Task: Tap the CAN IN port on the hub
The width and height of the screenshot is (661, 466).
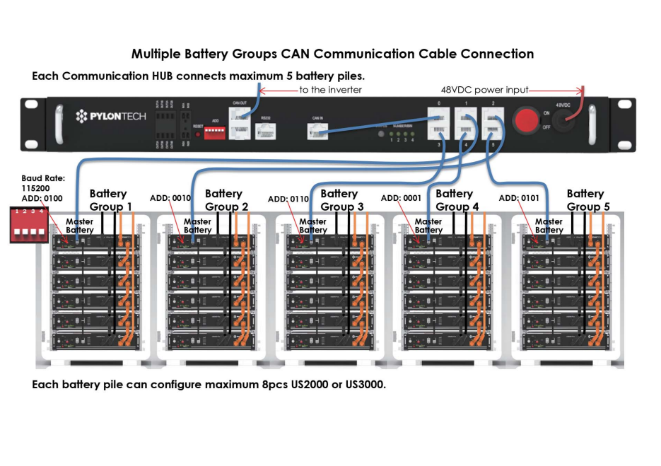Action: (x=315, y=131)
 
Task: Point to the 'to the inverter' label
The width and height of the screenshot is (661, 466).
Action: (x=329, y=90)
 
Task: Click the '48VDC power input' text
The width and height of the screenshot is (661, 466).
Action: (x=480, y=90)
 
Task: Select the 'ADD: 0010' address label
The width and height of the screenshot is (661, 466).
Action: (x=170, y=199)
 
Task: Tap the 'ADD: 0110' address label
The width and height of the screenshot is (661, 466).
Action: (x=288, y=199)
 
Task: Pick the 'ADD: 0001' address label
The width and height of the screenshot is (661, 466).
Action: (x=402, y=199)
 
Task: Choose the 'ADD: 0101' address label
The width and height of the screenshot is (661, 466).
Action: (x=519, y=199)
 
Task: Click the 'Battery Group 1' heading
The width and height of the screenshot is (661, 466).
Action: (x=110, y=200)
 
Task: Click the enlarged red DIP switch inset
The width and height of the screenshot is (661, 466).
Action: (x=28, y=224)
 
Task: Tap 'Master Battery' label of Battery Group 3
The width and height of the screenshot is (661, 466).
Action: (x=312, y=226)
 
